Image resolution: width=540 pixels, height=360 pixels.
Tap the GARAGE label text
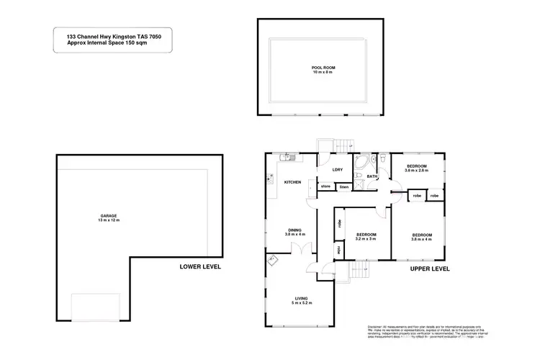[108, 215]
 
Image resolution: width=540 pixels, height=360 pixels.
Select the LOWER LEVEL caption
[200, 267]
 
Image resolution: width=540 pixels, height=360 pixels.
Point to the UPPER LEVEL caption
[429, 269]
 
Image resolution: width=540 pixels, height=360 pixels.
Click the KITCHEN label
[292, 181]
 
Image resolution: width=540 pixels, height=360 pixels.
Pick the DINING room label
[295, 230]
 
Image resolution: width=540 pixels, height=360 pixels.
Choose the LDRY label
[337, 170]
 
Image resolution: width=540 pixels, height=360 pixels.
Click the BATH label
[372, 176]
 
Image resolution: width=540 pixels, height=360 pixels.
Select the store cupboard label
[325, 186]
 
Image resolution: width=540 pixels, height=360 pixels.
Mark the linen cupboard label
[344, 186]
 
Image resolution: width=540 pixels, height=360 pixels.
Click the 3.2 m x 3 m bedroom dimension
[366, 239]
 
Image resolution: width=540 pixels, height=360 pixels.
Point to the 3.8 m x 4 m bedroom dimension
[422, 239]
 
